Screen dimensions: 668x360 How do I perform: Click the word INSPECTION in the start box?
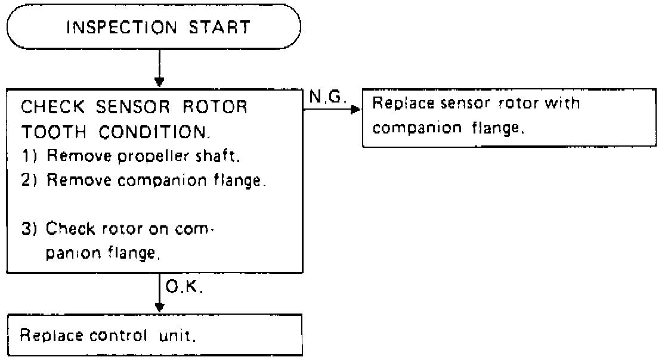tap(122, 27)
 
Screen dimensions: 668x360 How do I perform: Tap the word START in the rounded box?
tap(219, 27)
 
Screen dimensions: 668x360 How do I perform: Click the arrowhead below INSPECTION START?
tap(159, 82)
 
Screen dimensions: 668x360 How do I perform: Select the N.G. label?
tap(327, 97)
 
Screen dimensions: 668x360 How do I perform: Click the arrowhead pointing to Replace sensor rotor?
tap(355, 110)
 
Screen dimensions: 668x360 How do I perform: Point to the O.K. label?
tap(184, 288)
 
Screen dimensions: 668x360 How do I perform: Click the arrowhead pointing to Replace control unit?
tap(159, 307)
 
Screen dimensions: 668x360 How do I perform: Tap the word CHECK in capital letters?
tap(53, 107)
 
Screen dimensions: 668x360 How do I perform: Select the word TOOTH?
tap(54, 132)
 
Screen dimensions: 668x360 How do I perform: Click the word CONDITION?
tap(154, 132)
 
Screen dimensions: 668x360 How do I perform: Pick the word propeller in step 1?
tap(153, 157)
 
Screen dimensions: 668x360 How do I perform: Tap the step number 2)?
tap(29, 181)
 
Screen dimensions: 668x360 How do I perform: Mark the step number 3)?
tap(29, 229)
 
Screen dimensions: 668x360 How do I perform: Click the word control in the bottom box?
tap(118, 336)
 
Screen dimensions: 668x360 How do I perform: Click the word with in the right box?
tap(562, 103)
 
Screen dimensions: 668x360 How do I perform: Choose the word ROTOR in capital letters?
tap(215, 107)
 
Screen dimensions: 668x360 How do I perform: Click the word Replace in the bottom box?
tap(51, 336)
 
